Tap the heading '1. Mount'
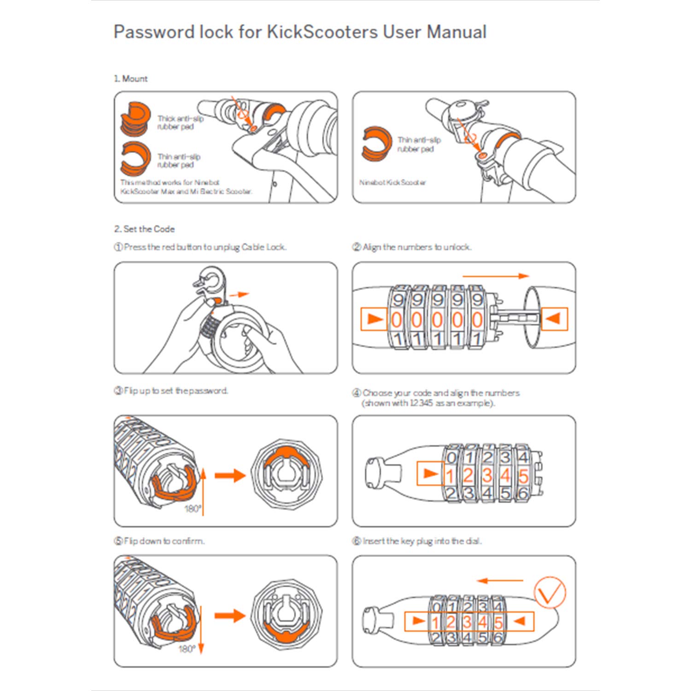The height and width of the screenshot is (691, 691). tap(131, 79)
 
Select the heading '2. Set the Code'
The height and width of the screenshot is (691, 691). tap(144, 229)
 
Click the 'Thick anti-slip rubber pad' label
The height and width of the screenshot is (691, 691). tap(180, 123)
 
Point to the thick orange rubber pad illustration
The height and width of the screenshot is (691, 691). tap(135, 119)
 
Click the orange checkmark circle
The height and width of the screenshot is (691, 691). tap(549, 592)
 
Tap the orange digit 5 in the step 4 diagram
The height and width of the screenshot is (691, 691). tap(523, 476)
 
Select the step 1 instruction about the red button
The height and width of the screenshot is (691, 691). tap(200, 247)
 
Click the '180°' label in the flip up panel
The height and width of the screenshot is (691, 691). tap(193, 509)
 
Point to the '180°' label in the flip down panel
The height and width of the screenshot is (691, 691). tap(187, 649)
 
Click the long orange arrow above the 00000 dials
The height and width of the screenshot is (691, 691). tap(496, 276)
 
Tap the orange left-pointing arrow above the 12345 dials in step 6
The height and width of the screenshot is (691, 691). tap(499, 581)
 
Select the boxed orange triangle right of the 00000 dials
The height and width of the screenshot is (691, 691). tap(554, 318)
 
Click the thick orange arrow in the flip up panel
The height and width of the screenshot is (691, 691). tap(230, 475)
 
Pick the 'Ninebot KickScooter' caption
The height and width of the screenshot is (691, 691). tap(392, 182)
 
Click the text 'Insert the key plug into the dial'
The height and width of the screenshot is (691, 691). tap(417, 541)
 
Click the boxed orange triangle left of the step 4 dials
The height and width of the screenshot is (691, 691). tap(429, 474)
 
